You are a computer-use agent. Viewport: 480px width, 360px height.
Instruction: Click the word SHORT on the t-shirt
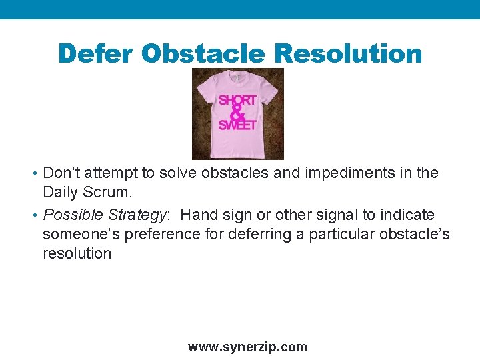tap(237, 100)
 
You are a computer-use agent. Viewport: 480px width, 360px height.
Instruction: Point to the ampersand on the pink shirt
tap(237, 113)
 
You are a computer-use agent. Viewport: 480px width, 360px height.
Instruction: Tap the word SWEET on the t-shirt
tap(237, 125)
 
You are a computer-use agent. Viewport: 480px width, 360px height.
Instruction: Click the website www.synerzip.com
tap(247, 347)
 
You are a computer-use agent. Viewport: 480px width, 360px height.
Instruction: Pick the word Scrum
tap(109, 193)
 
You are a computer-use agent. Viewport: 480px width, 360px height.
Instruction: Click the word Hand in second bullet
tap(198, 215)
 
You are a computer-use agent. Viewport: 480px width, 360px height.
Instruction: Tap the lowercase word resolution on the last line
tap(77, 253)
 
